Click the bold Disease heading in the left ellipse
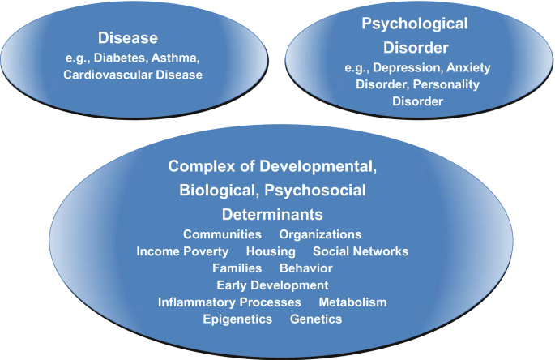coord(128,38)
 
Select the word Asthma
coord(175,58)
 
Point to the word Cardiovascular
coord(108,75)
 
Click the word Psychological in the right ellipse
coord(415,24)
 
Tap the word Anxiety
coord(468,67)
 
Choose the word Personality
coord(446,84)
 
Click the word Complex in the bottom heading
coord(202,166)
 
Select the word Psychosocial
coord(315,191)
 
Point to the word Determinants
coord(272,214)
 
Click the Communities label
coord(222,234)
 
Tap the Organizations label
coord(320,234)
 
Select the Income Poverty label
coord(182,251)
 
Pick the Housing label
coord(271,251)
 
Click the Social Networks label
coord(361,251)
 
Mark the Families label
coord(237,268)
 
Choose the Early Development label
coord(272,285)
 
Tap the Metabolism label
coord(353,302)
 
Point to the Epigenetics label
coord(237,319)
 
